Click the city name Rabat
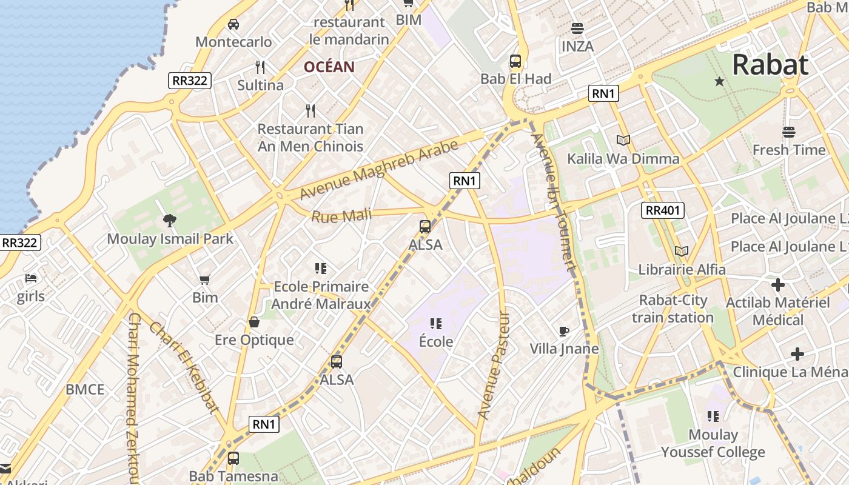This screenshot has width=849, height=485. [770, 65]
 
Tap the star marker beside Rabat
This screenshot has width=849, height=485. [719, 81]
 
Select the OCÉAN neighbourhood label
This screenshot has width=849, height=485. [329, 67]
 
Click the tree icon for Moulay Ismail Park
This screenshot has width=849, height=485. [170, 221]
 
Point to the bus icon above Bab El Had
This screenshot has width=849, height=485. [515, 61]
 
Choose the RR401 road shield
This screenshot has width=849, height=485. [663, 210]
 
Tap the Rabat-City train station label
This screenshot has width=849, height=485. [673, 309]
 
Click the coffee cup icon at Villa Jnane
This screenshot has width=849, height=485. [564, 331]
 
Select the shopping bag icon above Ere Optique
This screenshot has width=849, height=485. [254, 322]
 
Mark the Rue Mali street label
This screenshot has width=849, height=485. [341, 216]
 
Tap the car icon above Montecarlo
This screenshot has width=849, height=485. [233, 24]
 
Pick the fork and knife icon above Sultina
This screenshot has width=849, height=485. [260, 67]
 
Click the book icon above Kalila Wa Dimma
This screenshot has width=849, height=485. [623, 141]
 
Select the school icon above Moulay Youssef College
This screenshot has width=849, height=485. [713, 416]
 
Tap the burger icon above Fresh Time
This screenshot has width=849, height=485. [788, 132]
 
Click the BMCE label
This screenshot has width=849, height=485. [85, 389]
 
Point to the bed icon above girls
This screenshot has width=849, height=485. [31, 278]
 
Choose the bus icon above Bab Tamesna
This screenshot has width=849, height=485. [233, 458]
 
